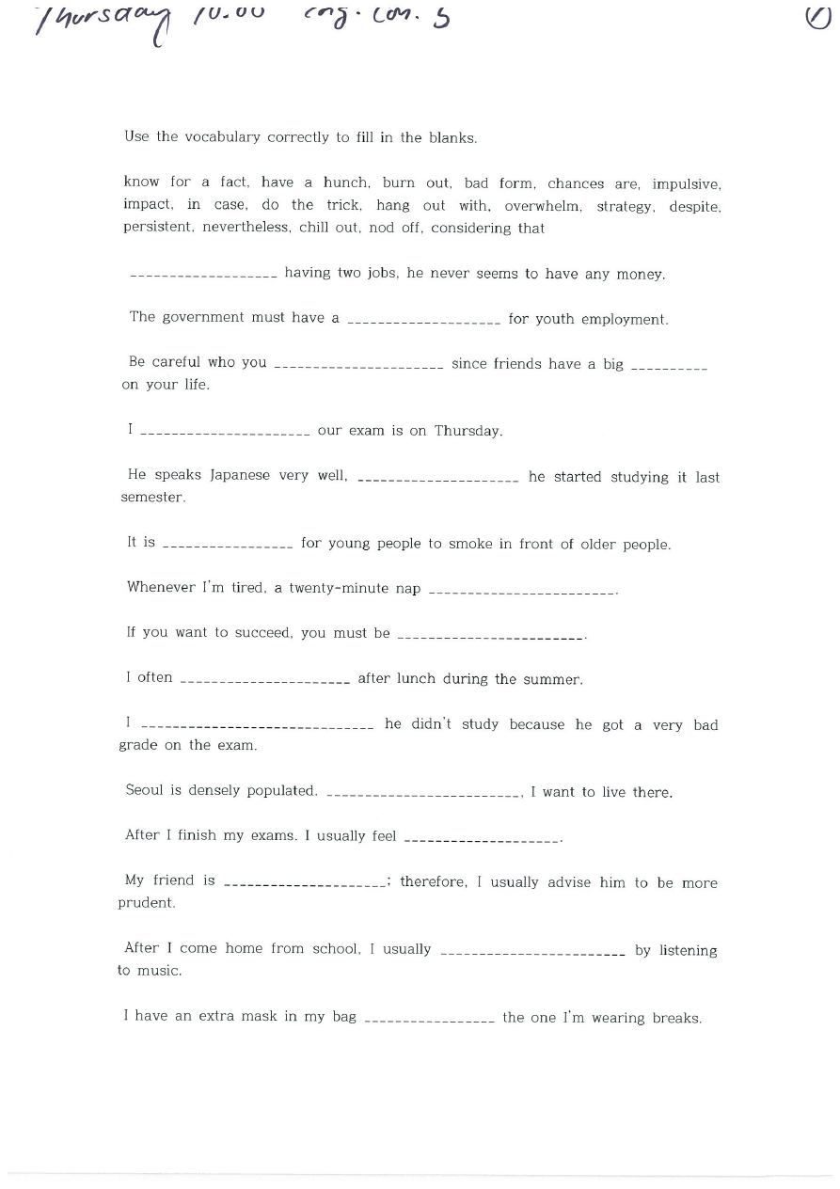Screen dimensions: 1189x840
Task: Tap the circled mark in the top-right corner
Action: click(818, 17)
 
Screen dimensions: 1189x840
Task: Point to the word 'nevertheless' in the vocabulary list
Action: click(252, 228)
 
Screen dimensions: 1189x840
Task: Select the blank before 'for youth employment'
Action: click(423, 322)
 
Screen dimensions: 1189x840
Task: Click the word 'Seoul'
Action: click(144, 790)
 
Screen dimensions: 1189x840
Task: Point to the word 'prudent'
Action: click(146, 903)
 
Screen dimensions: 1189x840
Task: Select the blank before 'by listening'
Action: click(532, 953)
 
